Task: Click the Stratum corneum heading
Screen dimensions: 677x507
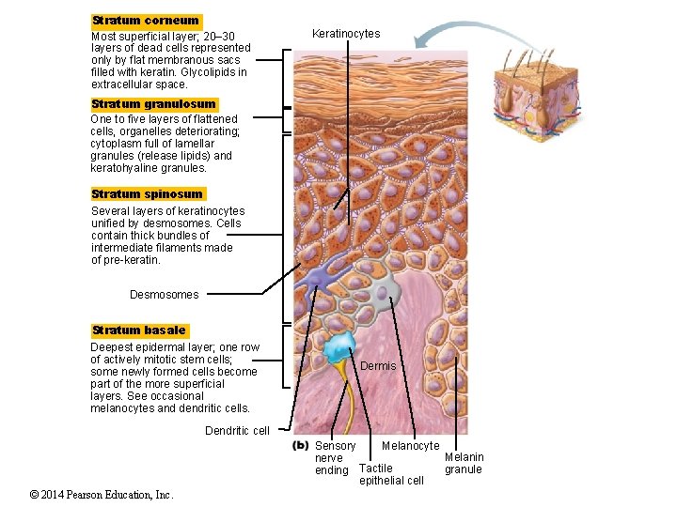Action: tap(146, 21)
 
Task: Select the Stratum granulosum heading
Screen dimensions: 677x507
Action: tap(153, 104)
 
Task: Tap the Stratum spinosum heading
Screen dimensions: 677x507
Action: tap(147, 194)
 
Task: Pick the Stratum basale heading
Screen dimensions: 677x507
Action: tap(139, 330)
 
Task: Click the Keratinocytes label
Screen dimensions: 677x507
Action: tap(346, 34)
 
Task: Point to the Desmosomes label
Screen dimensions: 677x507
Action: tap(165, 295)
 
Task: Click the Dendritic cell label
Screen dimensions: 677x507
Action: tap(237, 431)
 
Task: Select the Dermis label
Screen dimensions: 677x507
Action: tap(379, 365)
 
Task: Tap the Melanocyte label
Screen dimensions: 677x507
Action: tap(410, 446)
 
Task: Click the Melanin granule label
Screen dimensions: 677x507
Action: tap(464, 463)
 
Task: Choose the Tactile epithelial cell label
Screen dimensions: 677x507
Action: tap(391, 474)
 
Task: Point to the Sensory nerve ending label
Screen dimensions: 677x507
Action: tap(335, 458)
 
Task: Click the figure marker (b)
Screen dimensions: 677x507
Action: tap(301, 445)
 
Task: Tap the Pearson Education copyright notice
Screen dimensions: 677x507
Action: tap(87, 495)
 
